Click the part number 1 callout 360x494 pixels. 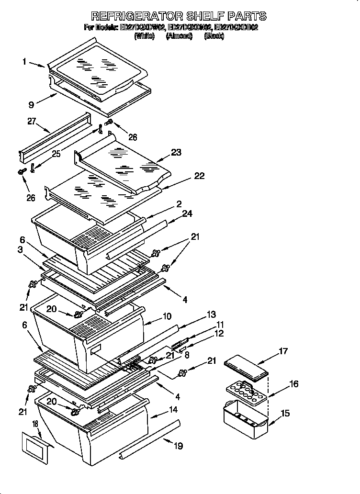pos(23,61)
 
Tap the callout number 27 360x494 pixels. pos(32,122)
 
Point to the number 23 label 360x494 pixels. pos(176,153)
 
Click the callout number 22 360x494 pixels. pos(199,176)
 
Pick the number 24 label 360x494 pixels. pos(187,213)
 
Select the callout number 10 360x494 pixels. pos(167,316)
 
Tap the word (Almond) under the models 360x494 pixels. pos(179,36)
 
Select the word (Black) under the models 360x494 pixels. pos(214,36)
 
